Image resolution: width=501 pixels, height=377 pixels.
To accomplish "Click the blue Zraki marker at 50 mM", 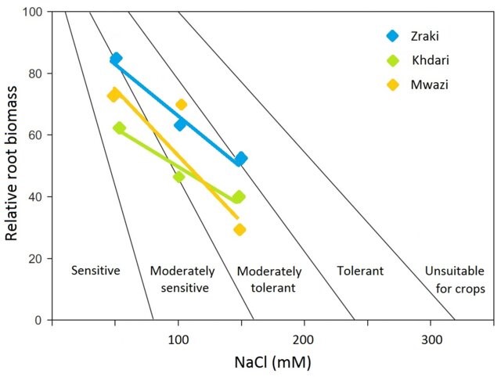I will (116, 59).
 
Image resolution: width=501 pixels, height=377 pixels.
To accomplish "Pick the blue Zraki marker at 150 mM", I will (241, 159).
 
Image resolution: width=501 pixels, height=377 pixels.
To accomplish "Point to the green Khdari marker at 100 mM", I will (178, 177).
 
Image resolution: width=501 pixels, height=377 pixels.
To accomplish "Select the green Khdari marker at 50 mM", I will (119, 127).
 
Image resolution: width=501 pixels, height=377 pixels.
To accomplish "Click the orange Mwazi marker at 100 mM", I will (182, 105).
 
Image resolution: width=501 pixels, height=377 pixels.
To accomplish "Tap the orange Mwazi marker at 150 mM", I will (240, 229).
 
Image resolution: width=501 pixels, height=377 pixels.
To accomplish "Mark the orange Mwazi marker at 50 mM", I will (114, 95).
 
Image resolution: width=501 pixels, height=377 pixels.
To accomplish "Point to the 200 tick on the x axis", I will (303, 340).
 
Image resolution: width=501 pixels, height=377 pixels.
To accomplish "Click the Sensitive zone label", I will (95, 271).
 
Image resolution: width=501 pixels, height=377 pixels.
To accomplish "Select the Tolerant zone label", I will (360, 271).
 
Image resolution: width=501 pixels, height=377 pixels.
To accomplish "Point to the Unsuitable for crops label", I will (455, 279).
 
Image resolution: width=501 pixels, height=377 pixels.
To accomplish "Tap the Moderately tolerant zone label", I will (269, 279).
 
